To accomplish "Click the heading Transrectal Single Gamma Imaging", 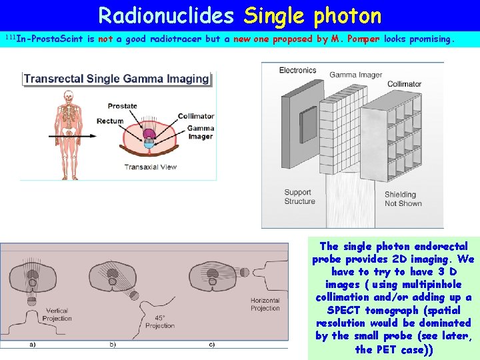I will pyautogui.click(x=117, y=79).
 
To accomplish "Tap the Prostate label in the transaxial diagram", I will pyautogui.click(x=122, y=106).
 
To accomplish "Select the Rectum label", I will pyautogui.click(x=110, y=121).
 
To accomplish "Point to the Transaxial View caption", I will pyautogui.click(x=150, y=167).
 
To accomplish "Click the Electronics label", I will pyautogui.click(x=297, y=70).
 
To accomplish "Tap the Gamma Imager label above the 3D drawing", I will pyautogui.click(x=356, y=75).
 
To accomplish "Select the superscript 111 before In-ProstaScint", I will pyautogui.click(x=9, y=36).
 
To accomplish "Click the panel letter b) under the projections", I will pyautogui.click(x=113, y=345).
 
